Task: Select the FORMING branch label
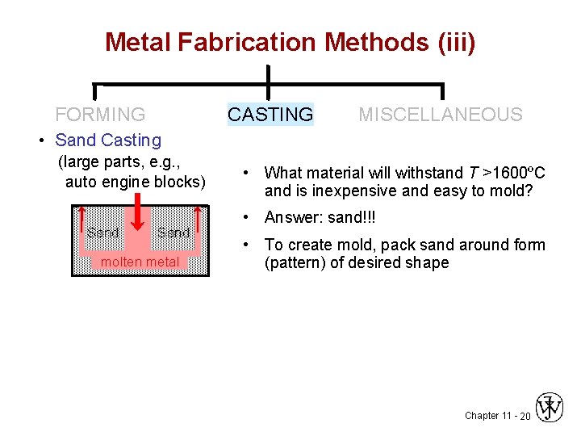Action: coord(100,115)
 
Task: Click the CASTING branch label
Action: coord(270,115)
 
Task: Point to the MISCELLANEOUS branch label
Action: coord(441,115)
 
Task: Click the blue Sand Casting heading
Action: coord(108,140)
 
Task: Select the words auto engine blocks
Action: coord(136,182)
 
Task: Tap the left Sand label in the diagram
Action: coord(102,233)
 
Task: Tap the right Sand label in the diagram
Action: coord(173,233)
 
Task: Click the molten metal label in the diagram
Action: coord(140,262)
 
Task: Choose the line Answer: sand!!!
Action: coord(320,218)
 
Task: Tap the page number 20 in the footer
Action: coord(525,415)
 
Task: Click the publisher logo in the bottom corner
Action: coord(550,408)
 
